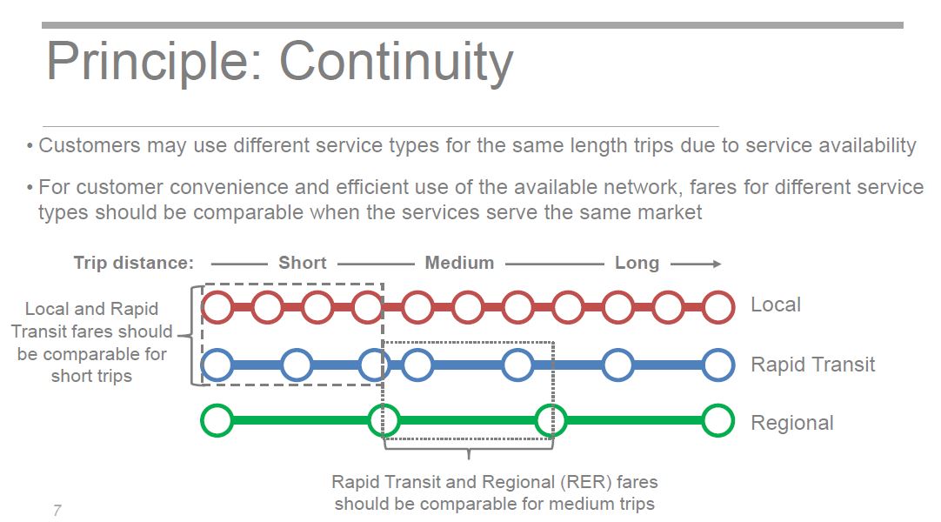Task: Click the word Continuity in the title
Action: point(396,63)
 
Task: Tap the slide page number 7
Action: point(57,511)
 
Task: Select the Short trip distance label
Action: point(303,263)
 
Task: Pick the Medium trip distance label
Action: point(460,263)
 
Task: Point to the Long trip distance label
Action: point(637,264)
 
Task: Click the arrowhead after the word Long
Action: point(716,264)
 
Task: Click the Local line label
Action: point(776,304)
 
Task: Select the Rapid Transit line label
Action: point(813,365)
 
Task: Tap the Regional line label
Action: point(792,423)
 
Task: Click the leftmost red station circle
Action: point(217,306)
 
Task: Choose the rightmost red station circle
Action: point(718,306)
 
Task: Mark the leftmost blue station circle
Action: point(217,365)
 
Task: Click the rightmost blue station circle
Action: point(718,365)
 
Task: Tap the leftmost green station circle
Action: point(217,420)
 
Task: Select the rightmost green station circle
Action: point(718,420)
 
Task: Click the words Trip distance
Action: point(134,263)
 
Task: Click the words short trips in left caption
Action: point(91,376)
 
